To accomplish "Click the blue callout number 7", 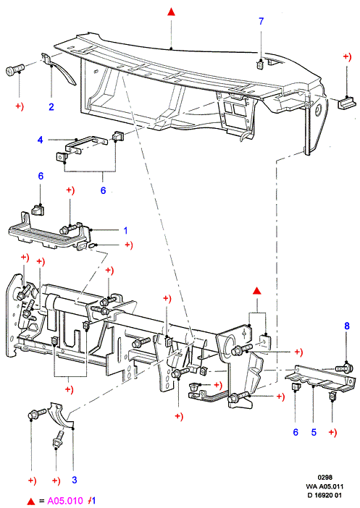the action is [261, 21].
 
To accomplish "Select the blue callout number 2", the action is [51, 106].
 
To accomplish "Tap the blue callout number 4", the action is [41, 140].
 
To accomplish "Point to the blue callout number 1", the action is [125, 231].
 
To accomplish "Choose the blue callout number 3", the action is [75, 480].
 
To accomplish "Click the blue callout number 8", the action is [347, 326].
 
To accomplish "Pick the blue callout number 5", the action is [314, 432].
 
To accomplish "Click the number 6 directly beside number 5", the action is [296, 432].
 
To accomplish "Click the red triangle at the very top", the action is [171, 12].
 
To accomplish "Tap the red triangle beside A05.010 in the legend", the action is [31, 501].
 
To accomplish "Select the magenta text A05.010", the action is [65, 501].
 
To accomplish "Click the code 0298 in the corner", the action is [325, 477].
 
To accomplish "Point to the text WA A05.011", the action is [325, 486].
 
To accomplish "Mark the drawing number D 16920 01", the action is [325, 495].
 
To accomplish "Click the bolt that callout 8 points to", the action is [344, 368].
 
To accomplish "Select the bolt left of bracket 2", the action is [15, 69].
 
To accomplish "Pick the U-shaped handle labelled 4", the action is [86, 144].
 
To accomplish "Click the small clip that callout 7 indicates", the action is [261, 65].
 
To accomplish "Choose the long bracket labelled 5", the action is [319, 378].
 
